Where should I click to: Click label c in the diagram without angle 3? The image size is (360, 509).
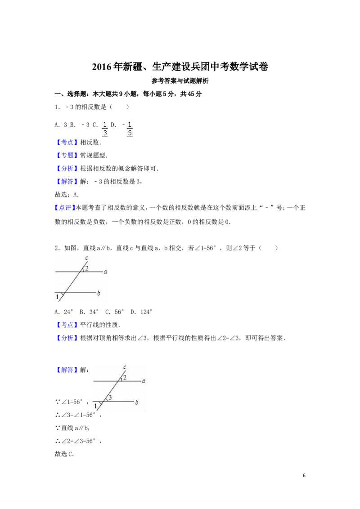[86, 258]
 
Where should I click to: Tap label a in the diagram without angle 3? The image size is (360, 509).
[105, 272]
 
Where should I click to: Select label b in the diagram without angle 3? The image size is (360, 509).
[99, 293]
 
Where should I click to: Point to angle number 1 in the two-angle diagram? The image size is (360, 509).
[57, 297]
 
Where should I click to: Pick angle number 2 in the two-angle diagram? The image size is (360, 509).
[87, 268]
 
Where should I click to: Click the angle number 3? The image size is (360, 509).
[110, 397]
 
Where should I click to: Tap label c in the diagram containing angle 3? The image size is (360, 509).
[125, 367]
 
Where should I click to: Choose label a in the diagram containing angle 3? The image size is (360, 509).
[144, 381]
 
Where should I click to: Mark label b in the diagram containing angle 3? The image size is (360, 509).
[136, 402]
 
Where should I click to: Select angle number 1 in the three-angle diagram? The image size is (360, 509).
[95, 406]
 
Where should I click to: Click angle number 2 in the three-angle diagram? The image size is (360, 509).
[125, 377]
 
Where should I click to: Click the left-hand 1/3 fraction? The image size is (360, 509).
[104, 128]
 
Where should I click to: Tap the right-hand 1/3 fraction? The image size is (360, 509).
[130, 128]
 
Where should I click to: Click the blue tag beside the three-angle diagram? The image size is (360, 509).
[67, 371]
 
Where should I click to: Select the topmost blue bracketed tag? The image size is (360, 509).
[67, 143]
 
